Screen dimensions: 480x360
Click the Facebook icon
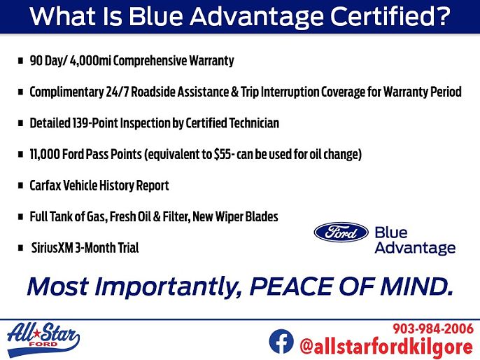click(281, 341)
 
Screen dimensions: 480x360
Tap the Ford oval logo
click(341, 233)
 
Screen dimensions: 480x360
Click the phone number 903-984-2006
click(433, 328)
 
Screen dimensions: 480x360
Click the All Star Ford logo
click(43, 339)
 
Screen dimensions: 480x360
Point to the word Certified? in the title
click(390, 16)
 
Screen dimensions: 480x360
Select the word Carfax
click(45, 186)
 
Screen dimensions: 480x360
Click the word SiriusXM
click(52, 247)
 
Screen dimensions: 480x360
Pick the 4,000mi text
click(90, 61)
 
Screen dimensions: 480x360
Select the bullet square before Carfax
click(20, 186)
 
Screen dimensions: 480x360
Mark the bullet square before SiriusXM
click(20, 247)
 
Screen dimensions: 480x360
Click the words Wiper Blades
click(247, 216)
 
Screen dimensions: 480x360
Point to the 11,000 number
click(45, 154)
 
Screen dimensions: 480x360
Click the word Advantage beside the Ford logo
click(415, 248)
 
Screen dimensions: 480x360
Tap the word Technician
click(254, 123)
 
